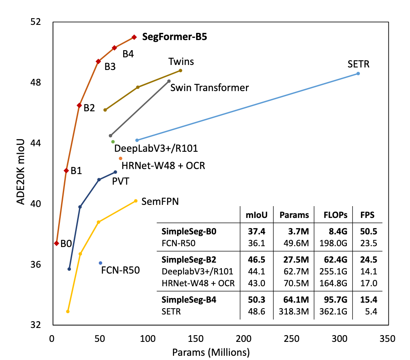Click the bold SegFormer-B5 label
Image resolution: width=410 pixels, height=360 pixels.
(x=175, y=37)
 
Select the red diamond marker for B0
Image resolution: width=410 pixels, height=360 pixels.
(x=57, y=243)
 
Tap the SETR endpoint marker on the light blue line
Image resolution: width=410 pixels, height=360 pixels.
(x=358, y=73)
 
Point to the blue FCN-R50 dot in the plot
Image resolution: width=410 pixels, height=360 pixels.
(x=100, y=263)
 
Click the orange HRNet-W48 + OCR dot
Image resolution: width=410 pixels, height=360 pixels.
(x=121, y=158)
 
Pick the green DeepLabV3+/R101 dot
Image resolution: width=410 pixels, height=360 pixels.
(x=113, y=142)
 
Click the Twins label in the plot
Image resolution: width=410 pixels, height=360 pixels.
(x=181, y=62)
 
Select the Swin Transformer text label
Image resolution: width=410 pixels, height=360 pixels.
(x=210, y=88)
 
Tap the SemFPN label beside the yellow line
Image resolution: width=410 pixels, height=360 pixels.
(x=160, y=201)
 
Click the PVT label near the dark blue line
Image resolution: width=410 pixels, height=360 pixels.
(x=120, y=181)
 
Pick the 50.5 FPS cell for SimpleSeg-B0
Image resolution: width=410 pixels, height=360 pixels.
(x=369, y=232)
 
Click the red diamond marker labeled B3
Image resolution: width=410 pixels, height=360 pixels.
(x=98, y=62)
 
